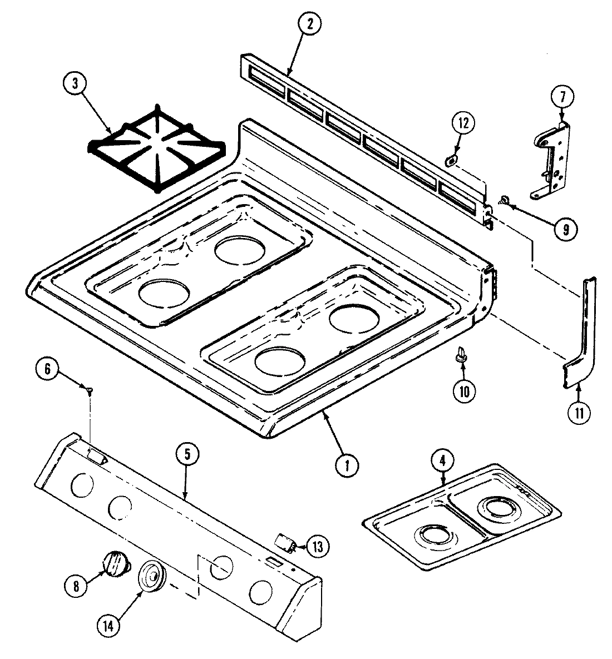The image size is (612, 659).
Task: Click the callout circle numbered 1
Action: pos(347,466)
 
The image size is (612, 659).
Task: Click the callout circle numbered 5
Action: pos(186,454)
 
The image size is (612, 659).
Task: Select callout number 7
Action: pos(561,97)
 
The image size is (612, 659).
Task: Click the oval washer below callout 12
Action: pos(451,162)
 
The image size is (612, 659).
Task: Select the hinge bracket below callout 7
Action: pos(552,161)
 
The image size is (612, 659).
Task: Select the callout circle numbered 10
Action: pos(464,390)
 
